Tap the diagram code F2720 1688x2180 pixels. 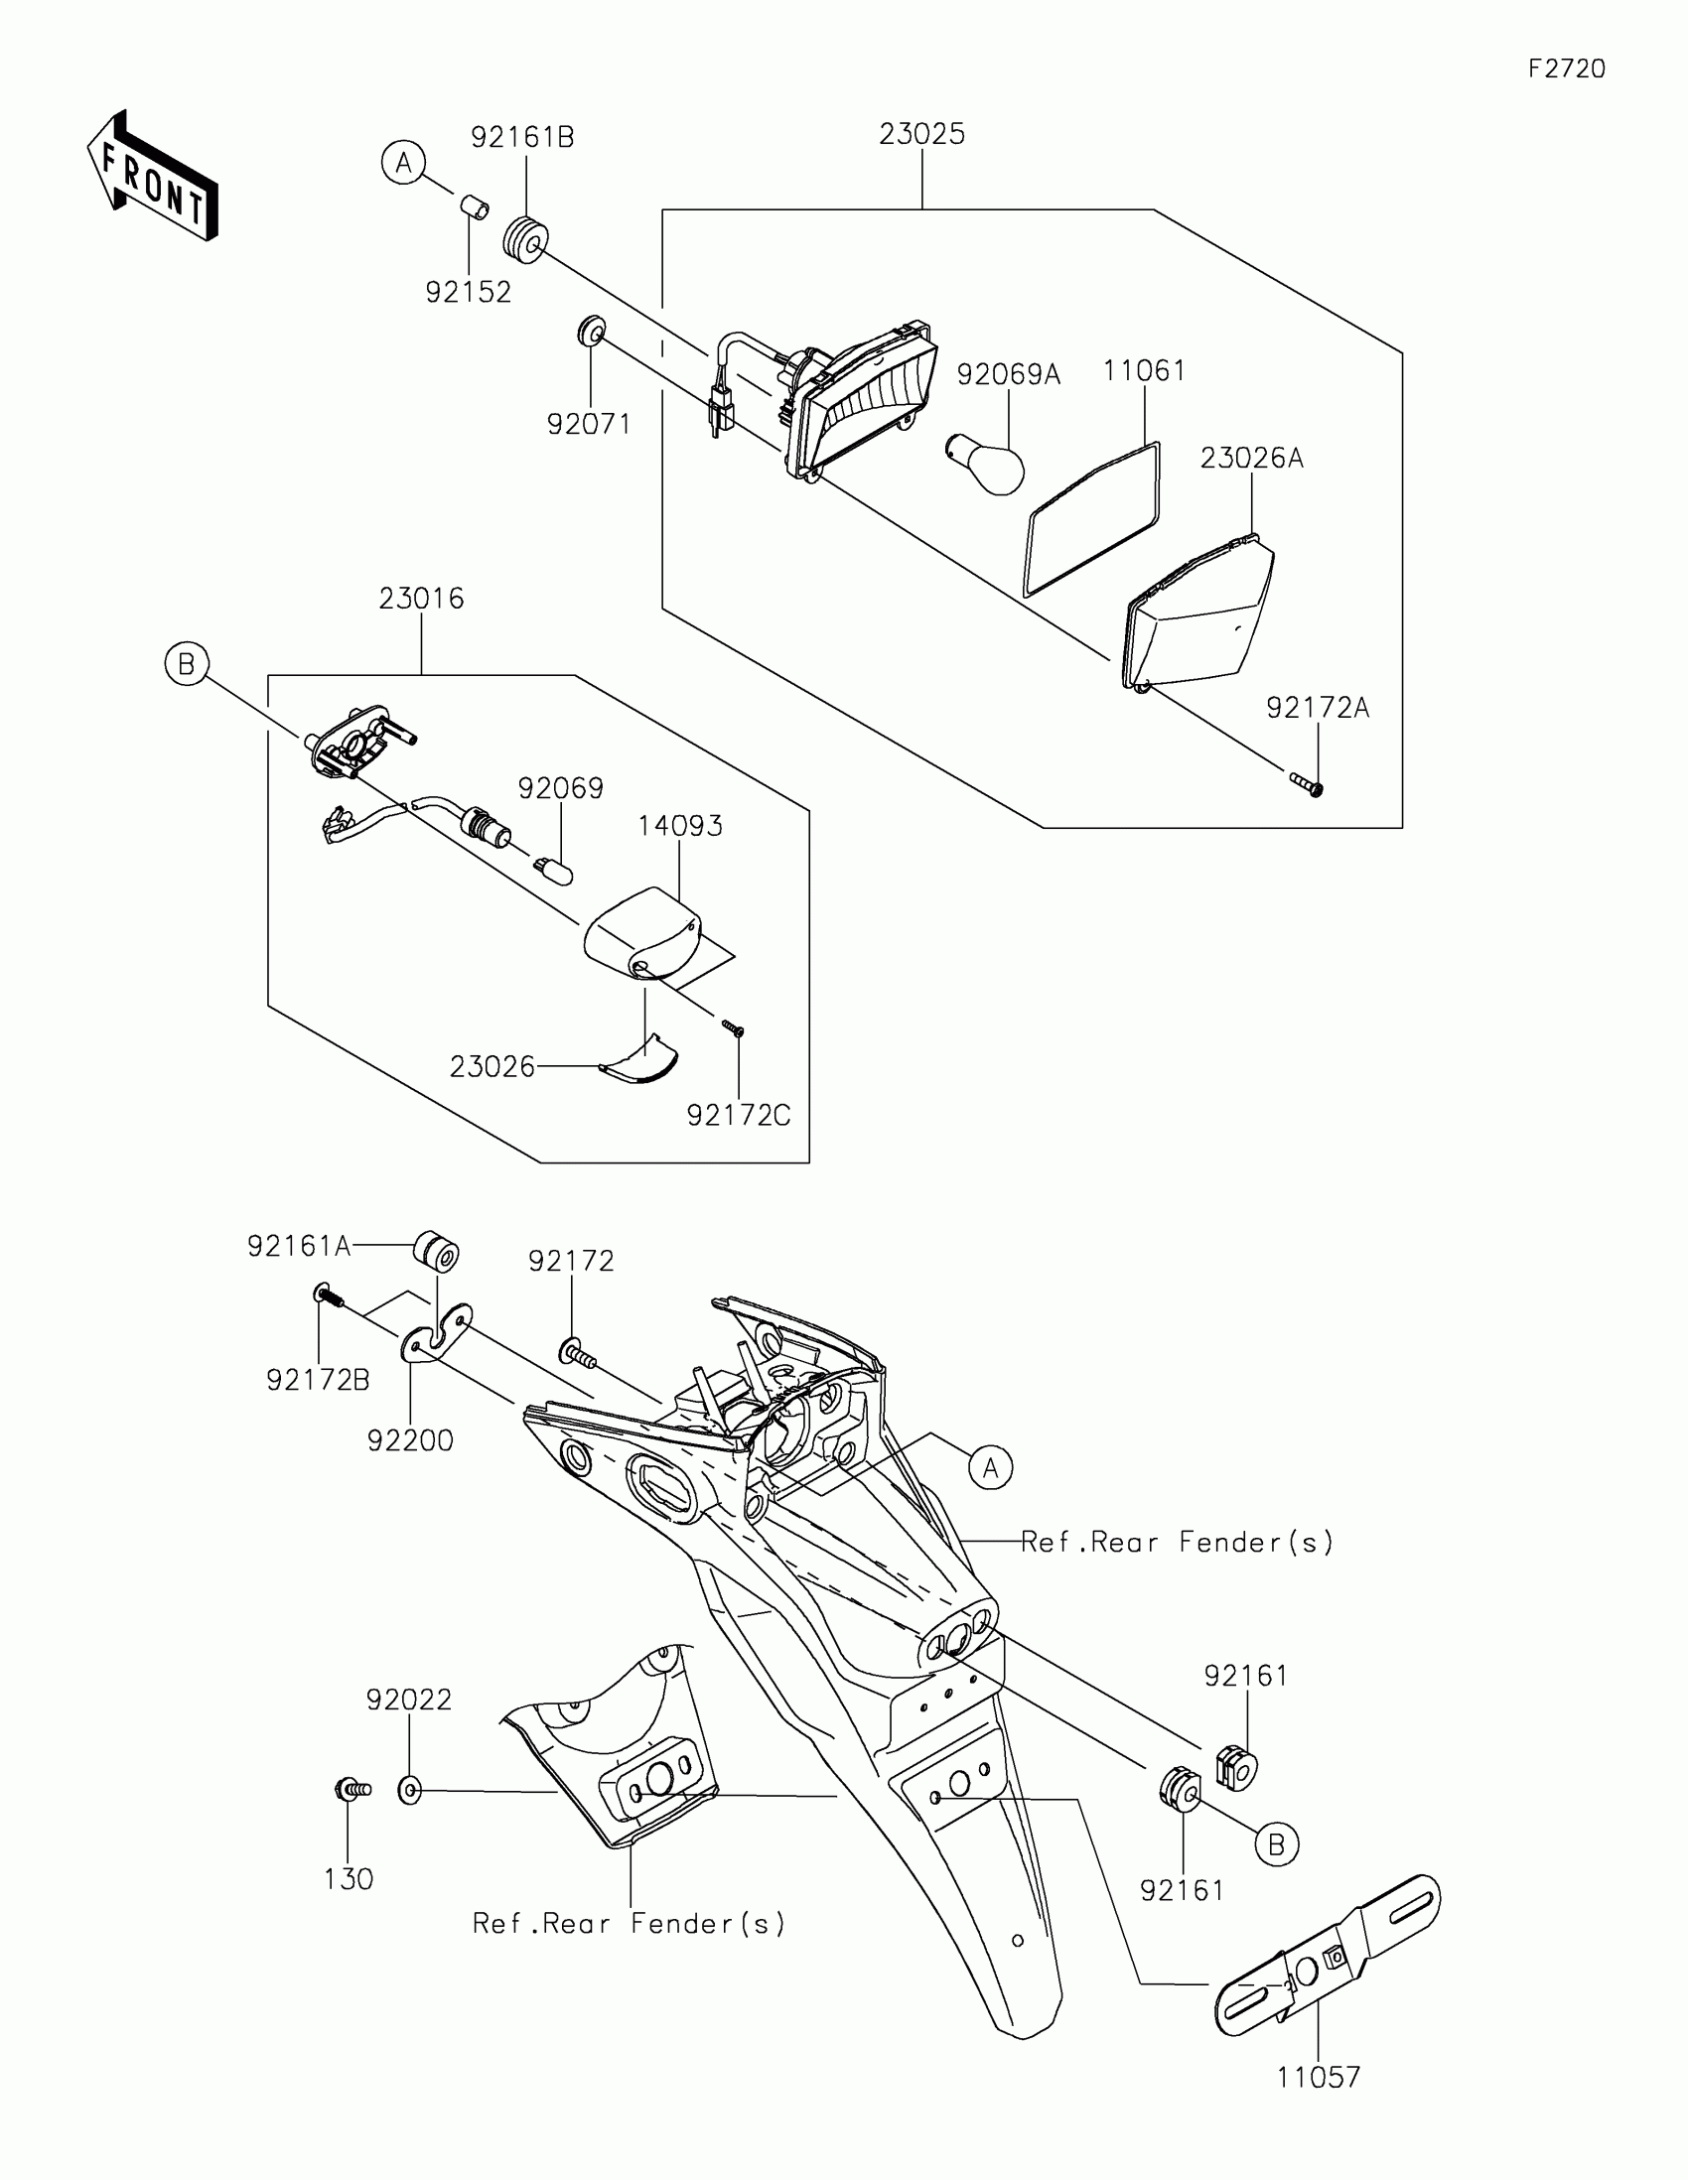pos(1566,68)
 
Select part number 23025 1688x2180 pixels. pos(921,134)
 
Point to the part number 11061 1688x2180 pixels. pos(1144,371)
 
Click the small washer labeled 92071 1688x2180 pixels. pos(591,331)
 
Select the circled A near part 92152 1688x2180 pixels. pos(403,163)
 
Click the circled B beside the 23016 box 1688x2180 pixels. pos(187,664)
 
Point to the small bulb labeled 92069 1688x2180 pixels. pos(555,871)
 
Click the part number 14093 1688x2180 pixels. pos(680,826)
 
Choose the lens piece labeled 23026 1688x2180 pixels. pos(639,1062)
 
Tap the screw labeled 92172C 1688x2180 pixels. pos(734,1027)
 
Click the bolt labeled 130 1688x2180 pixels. pos(352,1790)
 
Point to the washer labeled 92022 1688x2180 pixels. pos(410,1791)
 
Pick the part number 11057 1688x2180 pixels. pos(1318,2077)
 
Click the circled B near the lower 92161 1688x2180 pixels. pos(1276,1845)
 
